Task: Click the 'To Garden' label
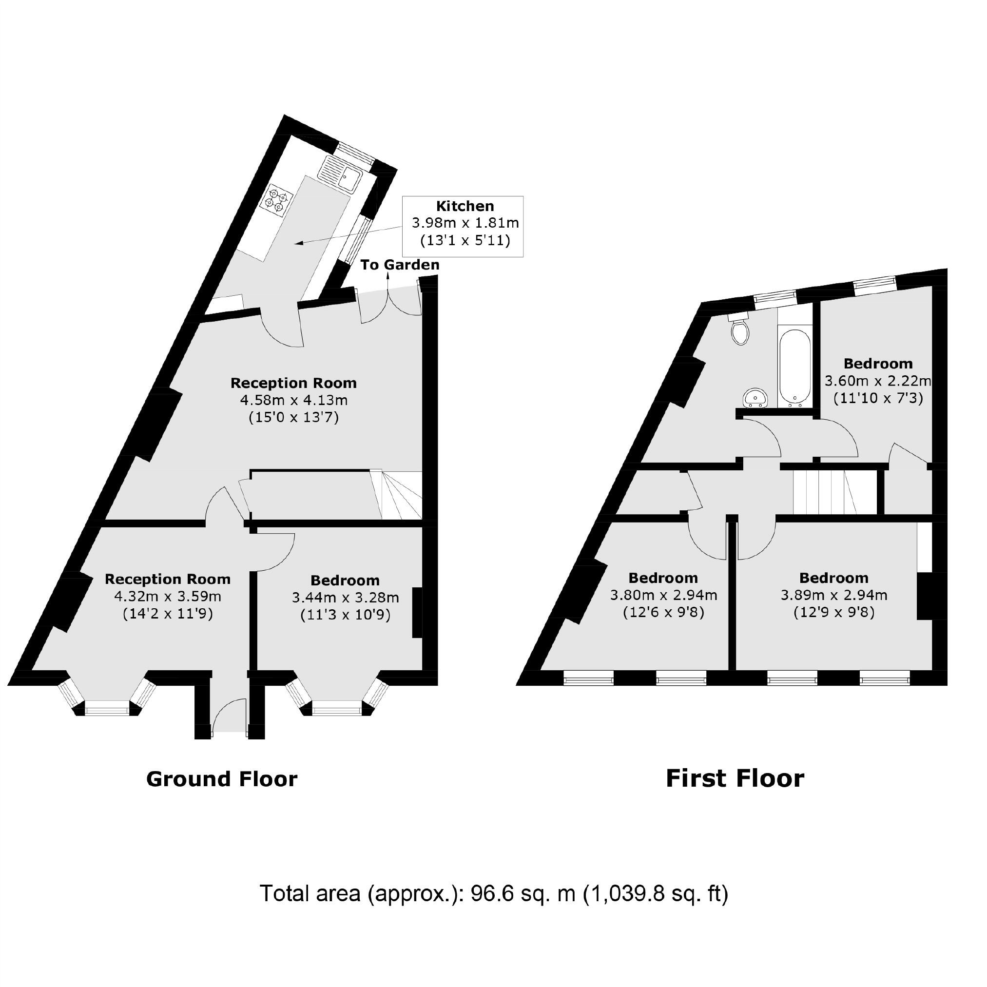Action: pos(400,265)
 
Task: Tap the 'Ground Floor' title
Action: pos(222,779)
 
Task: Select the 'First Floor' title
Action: pos(735,778)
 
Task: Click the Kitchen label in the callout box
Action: pos(465,206)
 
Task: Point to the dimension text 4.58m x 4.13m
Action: pos(294,400)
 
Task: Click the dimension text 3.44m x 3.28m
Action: pos(346,597)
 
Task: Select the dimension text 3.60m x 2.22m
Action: pos(878,381)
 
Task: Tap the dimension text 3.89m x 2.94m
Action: pos(834,595)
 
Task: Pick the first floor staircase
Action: pos(824,492)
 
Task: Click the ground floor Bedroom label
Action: pos(346,581)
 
